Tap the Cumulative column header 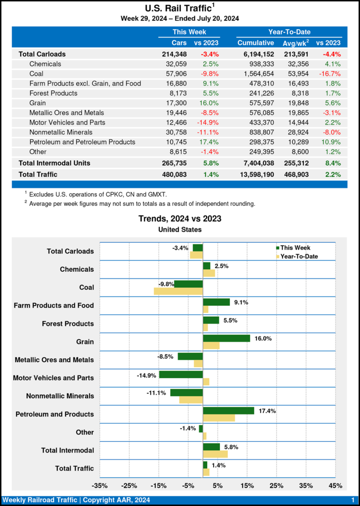(256, 43)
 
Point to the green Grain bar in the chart (226, 338)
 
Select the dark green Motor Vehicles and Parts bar (181, 375)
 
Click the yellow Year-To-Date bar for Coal (179, 291)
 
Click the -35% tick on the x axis (100, 485)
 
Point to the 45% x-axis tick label (335, 485)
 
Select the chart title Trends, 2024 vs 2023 (180, 218)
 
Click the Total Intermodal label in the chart (68, 450)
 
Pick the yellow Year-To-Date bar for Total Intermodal (215, 454)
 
